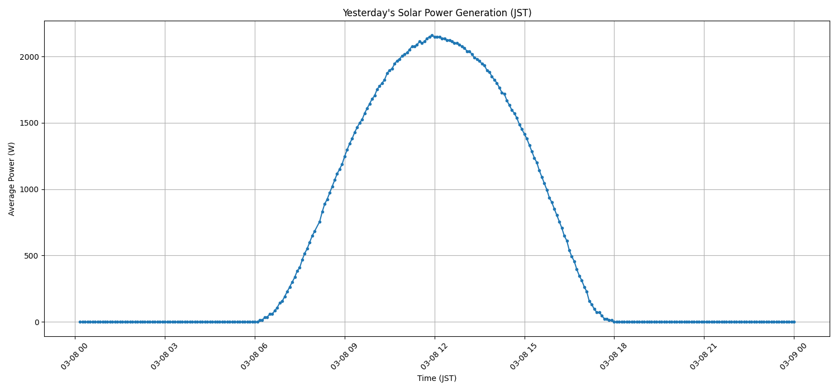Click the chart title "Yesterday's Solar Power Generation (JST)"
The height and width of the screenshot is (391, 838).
tap(436, 13)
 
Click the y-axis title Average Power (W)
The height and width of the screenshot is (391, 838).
tap(12, 179)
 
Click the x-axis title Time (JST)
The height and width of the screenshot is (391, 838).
tap(436, 378)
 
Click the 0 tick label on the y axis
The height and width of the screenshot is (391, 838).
tap(37, 322)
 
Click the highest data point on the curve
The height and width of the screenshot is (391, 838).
tap(431, 36)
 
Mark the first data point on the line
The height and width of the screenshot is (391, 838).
tap(80, 322)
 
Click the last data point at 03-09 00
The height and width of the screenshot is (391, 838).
tap(793, 322)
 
